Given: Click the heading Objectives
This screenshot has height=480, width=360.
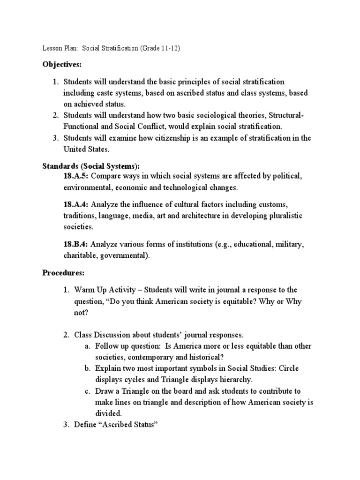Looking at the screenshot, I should pos(61,64).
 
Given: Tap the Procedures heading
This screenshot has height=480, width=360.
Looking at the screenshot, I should pos(63,272).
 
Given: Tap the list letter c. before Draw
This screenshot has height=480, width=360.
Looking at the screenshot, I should pos(87,391).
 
